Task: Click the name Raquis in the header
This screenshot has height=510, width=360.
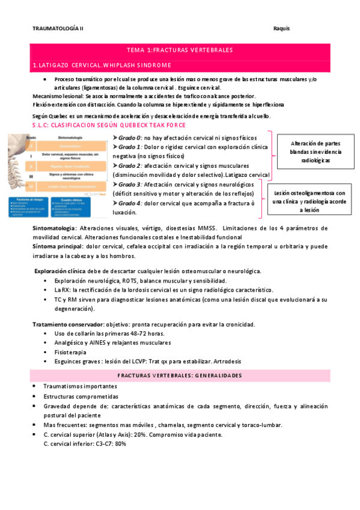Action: tap(282, 28)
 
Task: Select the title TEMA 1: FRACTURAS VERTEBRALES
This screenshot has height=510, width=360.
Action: tap(180, 50)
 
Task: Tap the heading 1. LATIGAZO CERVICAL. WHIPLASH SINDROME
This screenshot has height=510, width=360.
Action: tap(102, 65)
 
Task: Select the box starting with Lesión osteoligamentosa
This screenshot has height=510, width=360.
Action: tap(310, 201)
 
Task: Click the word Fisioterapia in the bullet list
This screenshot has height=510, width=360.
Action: tap(70, 352)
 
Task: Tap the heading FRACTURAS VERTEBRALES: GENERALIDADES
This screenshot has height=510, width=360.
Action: tap(180, 375)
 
